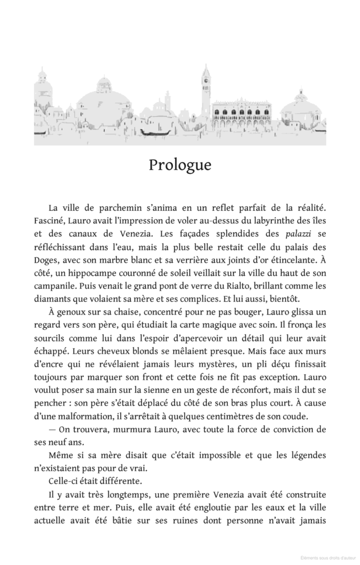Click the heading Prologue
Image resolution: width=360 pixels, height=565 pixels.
(180, 166)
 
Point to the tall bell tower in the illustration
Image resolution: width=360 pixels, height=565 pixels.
(206, 94)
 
